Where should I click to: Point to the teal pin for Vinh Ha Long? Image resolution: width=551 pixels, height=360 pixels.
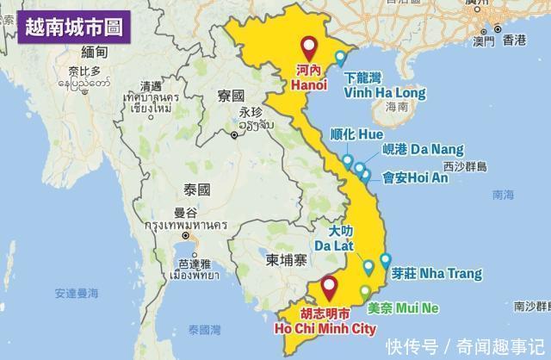point(341,58)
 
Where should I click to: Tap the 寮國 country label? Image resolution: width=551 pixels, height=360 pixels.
point(232,94)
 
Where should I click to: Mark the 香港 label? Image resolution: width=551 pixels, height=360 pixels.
point(515,39)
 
